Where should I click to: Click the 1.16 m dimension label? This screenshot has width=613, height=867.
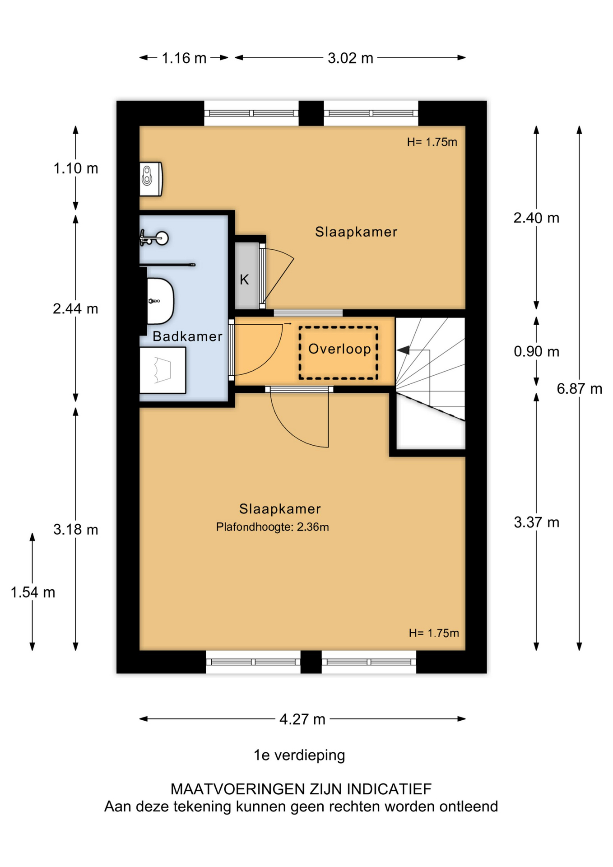[x=184, y=58]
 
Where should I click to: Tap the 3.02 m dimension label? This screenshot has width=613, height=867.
[x=350, y=58]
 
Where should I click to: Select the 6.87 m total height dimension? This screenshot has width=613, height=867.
[x=580, y=389]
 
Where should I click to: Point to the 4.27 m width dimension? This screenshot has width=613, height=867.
[x=302, y=719]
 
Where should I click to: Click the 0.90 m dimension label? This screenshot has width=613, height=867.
[x=536, y=351]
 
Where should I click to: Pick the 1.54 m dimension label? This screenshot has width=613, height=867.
[x=33, y=592]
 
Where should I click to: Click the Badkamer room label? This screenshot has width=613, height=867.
[x=187, y=336]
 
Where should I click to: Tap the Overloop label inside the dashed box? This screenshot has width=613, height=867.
[x=339, y=349]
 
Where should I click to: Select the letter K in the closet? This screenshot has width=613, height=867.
[x=244, y=280]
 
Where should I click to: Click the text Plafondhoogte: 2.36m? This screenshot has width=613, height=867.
[x=272, y=527]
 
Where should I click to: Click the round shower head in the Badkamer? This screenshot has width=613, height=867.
[x=161, y=238]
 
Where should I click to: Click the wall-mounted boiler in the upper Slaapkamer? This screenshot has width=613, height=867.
[x=151, y=179]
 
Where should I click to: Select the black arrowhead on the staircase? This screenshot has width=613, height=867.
[x=403, y=350]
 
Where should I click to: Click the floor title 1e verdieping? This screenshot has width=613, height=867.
[x=299, y=755]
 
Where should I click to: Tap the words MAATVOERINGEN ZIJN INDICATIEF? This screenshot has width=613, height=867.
[x=301, y=789]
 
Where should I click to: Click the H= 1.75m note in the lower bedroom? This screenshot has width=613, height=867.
[x=434, y=633]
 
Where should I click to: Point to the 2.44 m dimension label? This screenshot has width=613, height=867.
[x=75, y=309]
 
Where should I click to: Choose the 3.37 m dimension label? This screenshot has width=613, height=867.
[x=536, y=522]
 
